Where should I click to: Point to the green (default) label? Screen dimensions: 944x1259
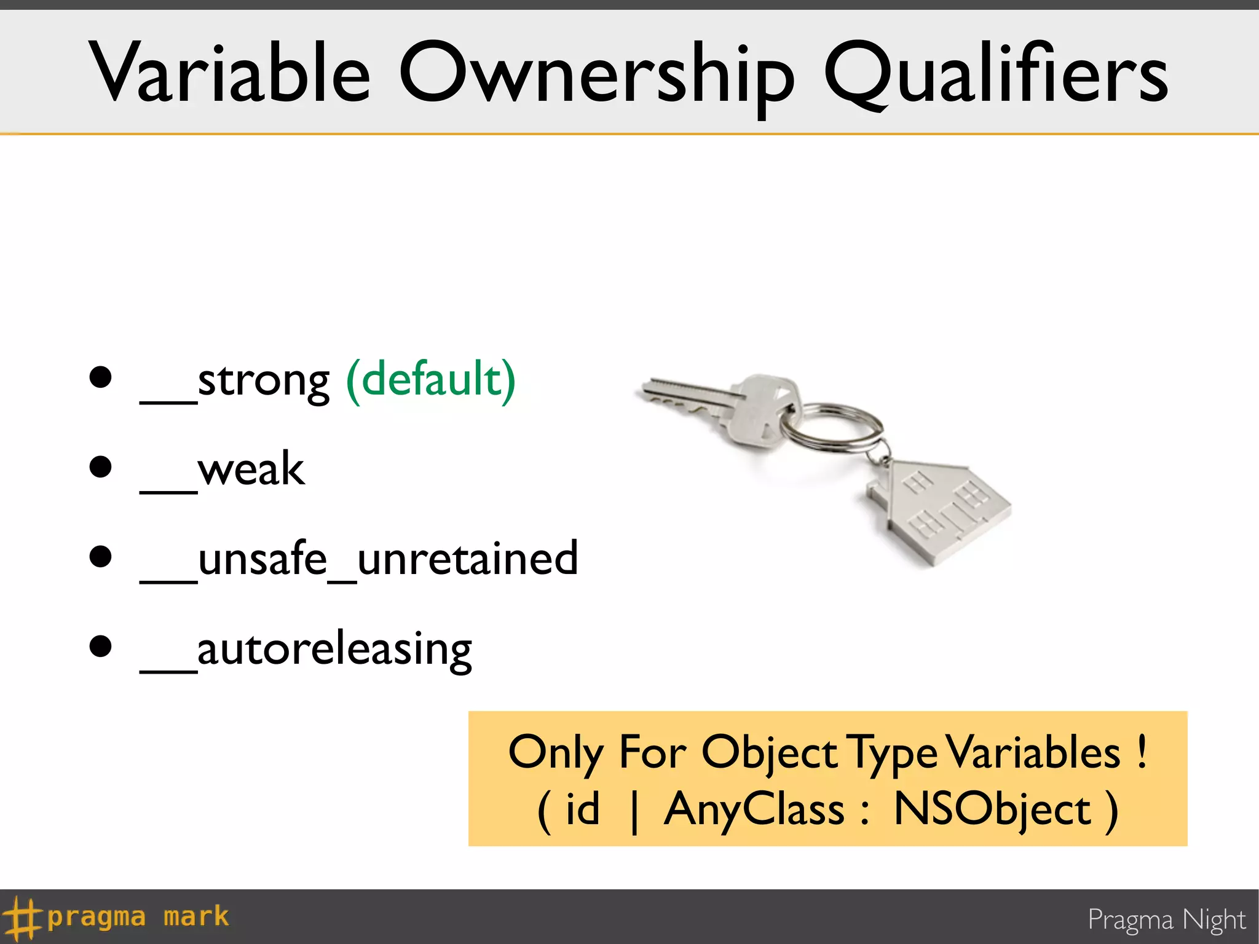[430, 380]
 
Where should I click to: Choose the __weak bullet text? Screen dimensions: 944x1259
[223, 471]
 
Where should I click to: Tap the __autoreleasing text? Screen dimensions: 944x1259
[306, 650]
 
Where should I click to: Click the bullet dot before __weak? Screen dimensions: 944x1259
[100, 467]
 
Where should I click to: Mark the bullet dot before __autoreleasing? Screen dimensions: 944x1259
[100, 647]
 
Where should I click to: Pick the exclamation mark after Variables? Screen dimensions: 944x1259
[1142, 751]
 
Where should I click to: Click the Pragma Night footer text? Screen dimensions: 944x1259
[1166, 920]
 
